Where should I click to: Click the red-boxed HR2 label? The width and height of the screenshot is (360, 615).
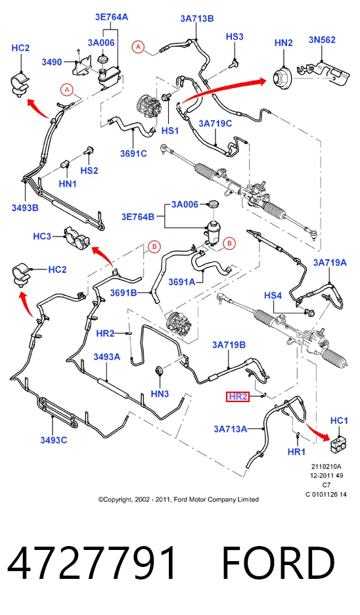click(238, 397)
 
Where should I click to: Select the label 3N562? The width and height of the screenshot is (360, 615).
click(322, 39)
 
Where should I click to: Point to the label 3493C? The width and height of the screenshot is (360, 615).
click(54, 440)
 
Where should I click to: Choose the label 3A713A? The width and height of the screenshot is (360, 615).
click(230, 429)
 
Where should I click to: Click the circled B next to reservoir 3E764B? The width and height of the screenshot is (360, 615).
click(229, 244)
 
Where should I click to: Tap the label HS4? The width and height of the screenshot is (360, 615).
click(273, 295)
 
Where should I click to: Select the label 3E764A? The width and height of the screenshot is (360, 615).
click(112, 17)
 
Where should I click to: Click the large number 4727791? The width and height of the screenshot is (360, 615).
click(93, 563)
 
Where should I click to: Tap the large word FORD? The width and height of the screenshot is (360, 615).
click(278, 563)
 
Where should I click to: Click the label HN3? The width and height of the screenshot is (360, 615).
click(160, 394)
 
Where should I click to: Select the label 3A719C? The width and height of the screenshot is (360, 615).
click(215, 124)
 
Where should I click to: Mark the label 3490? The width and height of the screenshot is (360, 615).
click(52, 62)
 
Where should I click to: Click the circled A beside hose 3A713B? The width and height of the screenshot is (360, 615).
click(138, 47)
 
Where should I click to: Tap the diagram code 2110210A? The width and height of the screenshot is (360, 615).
click(326, 467)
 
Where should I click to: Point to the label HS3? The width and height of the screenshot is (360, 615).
click(235, 37)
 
